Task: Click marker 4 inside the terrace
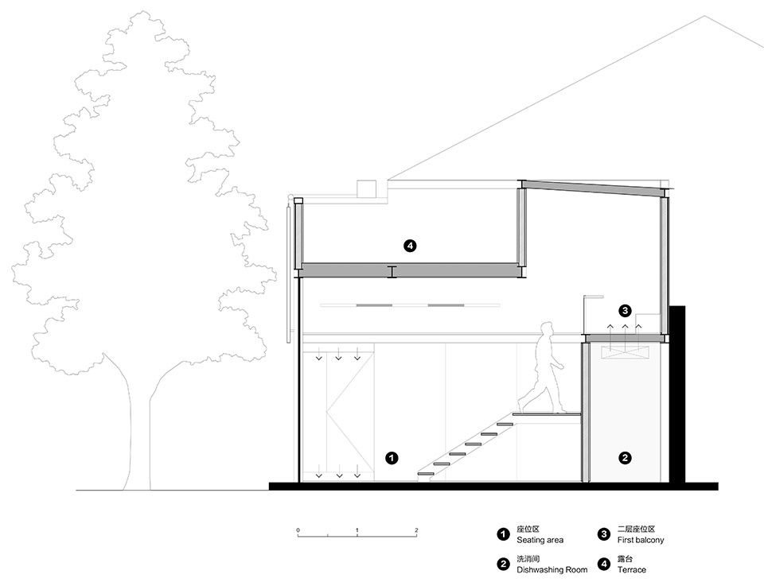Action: tap(411, 246)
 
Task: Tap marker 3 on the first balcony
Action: tap(625, 310)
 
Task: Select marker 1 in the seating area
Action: tap(392, 458)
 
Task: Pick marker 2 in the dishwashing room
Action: tap(625, 458)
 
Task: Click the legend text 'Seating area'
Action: tap(540, 540)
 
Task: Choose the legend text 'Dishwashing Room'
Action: tap(552, 570)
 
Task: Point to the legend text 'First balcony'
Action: tap(641, 540)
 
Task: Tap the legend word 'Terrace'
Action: tap(631, 570)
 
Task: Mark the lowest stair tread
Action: tap(426, 473)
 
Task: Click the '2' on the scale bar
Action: tap(416, 530)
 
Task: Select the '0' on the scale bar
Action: tap(298, 530)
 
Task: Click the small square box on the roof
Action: tap(366, 189)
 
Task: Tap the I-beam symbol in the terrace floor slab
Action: tap(392, 272)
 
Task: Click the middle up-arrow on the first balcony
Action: tap(624, 329)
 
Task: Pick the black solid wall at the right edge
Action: tap(677, 394)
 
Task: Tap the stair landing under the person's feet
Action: tap(547, 414)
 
